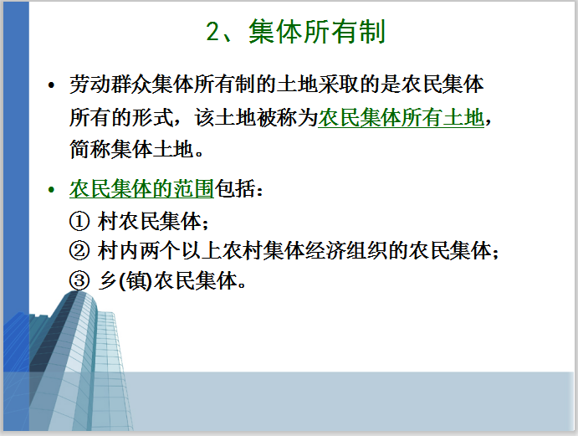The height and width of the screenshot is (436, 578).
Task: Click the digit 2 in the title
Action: click(x=212, y=31)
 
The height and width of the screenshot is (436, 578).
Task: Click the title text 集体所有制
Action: click(x=317, y=31)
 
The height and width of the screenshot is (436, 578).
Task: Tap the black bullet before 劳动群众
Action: click(x=51, y=85)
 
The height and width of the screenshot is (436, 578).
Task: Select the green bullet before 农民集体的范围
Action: click(x=51, y=190)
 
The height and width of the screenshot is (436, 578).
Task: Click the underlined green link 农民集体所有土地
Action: click(x=401, y=118)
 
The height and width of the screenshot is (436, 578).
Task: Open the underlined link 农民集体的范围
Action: click(x=141, y=189)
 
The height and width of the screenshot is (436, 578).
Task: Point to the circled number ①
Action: click(x=79, y=221)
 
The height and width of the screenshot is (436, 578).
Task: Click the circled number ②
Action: click(x=79, y=251)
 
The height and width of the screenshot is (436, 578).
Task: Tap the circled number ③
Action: click(x=79, y=280)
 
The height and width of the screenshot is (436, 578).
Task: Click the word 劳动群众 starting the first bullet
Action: click(x=110, y=85)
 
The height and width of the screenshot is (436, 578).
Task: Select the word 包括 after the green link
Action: click(x=235, y=189)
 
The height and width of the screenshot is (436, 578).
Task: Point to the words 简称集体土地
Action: click(x=131, y=150)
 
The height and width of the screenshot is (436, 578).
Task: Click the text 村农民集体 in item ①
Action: click(x=149, y=221)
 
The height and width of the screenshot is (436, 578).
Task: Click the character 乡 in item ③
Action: click(x=108, y=280)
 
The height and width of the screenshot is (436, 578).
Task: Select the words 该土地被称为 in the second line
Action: click(x=256, y=118)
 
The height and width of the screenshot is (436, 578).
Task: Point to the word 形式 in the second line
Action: click(x=152, y=118)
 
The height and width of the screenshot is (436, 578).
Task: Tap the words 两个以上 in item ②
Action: click(x=180, y=251)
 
